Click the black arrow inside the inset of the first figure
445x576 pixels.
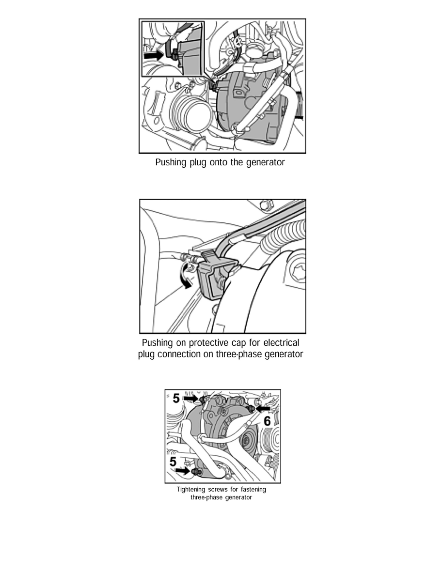pos(154,55)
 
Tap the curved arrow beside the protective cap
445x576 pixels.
pos(184,276)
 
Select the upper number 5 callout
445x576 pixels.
pos(176,398)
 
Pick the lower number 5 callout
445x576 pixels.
pos(173,462)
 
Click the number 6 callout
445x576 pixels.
pos(267,421)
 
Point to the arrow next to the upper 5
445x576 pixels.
pos(191,398)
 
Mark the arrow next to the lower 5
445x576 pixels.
pos(182,471)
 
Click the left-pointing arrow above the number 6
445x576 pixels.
pos(263,409)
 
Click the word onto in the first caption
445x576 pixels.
pos(219,162)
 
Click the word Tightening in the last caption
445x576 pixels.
pos(191,490)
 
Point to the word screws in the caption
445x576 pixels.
pos(218,489)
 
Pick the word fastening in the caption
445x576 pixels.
pos(254,490)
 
